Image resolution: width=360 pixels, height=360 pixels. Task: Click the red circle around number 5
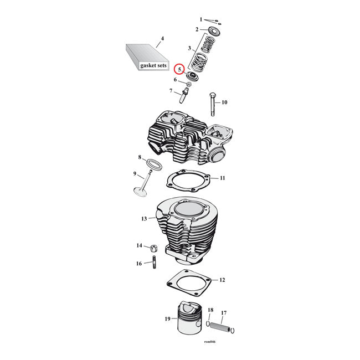[x=178, y=70]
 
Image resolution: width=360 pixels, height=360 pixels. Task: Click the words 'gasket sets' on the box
[x=153, y=65]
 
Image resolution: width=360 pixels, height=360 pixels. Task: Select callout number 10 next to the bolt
[x=224, y=102]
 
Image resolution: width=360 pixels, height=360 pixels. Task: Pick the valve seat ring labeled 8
[x=153, y=164]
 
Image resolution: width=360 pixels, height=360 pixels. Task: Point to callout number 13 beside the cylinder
[x=143, y=219]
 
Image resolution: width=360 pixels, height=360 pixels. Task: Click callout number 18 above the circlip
[x=210, y=310]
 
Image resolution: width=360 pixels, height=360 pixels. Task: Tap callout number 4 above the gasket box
[x=162, y=39]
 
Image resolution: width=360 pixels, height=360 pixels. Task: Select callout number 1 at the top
[x=202, y=19]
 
